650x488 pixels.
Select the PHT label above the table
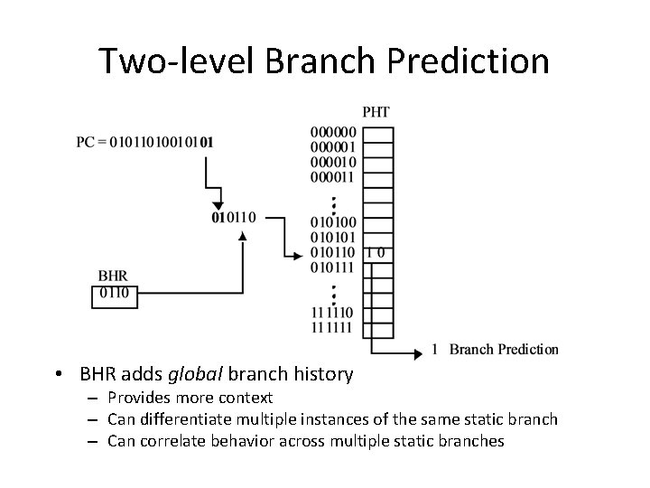tap(376, 112)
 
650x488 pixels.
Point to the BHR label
tap(112, 276)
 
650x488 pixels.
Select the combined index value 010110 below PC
tap(233, 217)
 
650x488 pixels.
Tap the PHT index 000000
tap(333, 132)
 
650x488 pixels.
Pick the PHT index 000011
tap(333, 177)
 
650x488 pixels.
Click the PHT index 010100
tap(333, 222)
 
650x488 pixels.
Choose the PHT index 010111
tap(333, 267)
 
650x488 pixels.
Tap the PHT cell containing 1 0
tap(377, 252)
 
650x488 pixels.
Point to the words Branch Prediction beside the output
tap(504, 350)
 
